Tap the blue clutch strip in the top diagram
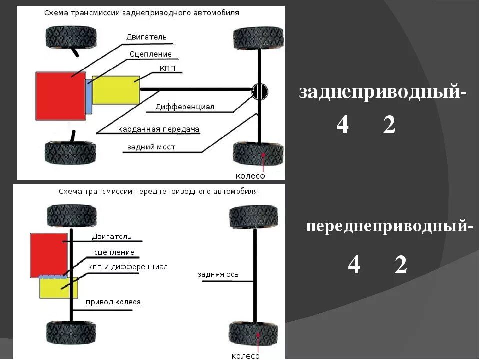tap(89, 96)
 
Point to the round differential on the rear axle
tap(259, 91)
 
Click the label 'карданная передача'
tap(159, 130)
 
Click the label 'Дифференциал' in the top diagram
tap(184, 107)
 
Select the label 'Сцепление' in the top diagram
tap(150, 54)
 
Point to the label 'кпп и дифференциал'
tap(128, 267)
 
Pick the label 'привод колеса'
tap(113, 302)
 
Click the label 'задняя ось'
tap(218, 274)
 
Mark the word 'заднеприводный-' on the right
tap(383, 93)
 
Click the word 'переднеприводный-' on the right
tap(389, 227)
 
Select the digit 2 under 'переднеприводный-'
tap(400, 265)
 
